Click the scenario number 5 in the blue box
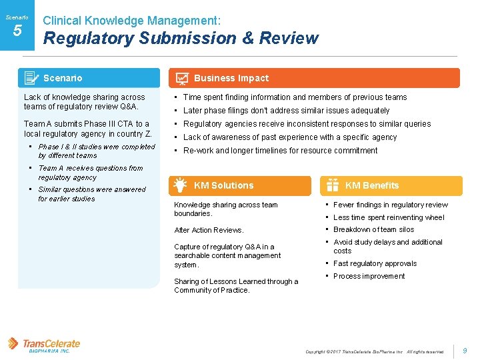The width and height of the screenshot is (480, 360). click(x=17, y=31)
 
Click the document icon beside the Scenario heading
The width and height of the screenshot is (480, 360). click(x=31, y=78)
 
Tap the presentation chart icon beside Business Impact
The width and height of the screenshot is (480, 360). click(x=181, y=79)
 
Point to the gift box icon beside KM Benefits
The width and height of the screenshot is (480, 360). click(x=332, y=186)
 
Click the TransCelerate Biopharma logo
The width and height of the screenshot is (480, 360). click(x=44, y=345)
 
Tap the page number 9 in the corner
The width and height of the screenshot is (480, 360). click(x=465, y=350)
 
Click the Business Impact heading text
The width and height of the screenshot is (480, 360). click(x=231, y=78)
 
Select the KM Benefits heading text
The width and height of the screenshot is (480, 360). click(x=371, y=185)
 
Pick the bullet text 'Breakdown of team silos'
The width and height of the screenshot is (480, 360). click(x=373, y=229)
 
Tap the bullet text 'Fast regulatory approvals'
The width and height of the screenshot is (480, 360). click(x=375, y=263)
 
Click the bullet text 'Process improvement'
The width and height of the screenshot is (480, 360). click(x=369, y=276)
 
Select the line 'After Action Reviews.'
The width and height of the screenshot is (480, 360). click(x=209, y=230)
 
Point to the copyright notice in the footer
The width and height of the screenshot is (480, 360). click(x=374, y=351)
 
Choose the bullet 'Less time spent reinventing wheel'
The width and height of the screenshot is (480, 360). click(x=388, y=217)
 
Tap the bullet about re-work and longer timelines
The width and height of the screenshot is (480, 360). click(x=280, y=150)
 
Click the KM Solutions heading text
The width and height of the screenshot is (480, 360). click(x=223, y=185)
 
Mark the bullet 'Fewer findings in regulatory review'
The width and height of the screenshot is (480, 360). click(x=390, y=205)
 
